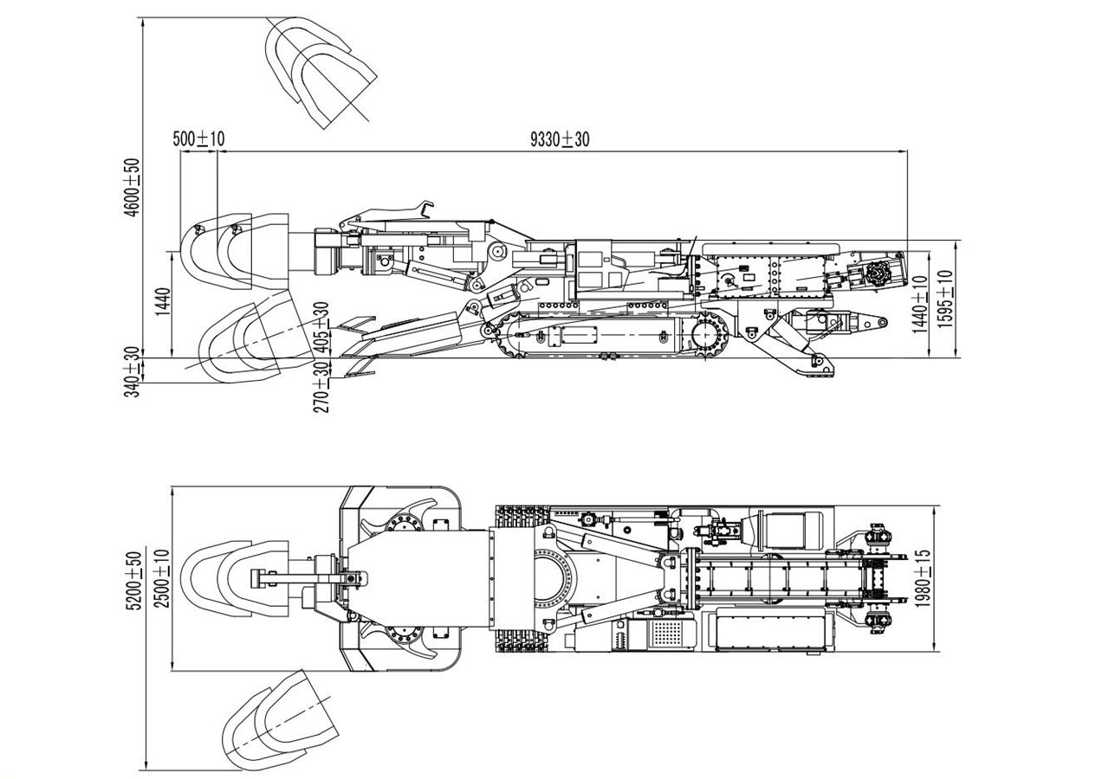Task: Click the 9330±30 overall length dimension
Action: [x=560, y=139]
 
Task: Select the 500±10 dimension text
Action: [x=198, y=139]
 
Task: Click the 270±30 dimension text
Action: [x=322, y=386]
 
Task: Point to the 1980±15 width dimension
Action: [x=922, y=579]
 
